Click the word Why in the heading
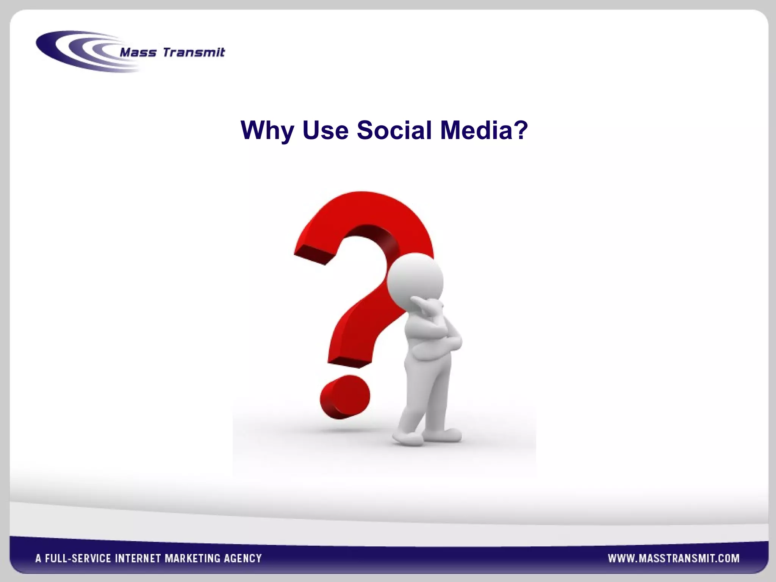[x=267, y=131]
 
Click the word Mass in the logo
[x=138, y=52]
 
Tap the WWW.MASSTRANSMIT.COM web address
[x=674, y=558]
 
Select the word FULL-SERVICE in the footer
[x=78, y=559]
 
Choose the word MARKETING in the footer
[x=192, y=559]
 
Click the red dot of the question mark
[x=344, y=397]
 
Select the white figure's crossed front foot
[x=407, y=438]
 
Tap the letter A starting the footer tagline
[x=38, y=559]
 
